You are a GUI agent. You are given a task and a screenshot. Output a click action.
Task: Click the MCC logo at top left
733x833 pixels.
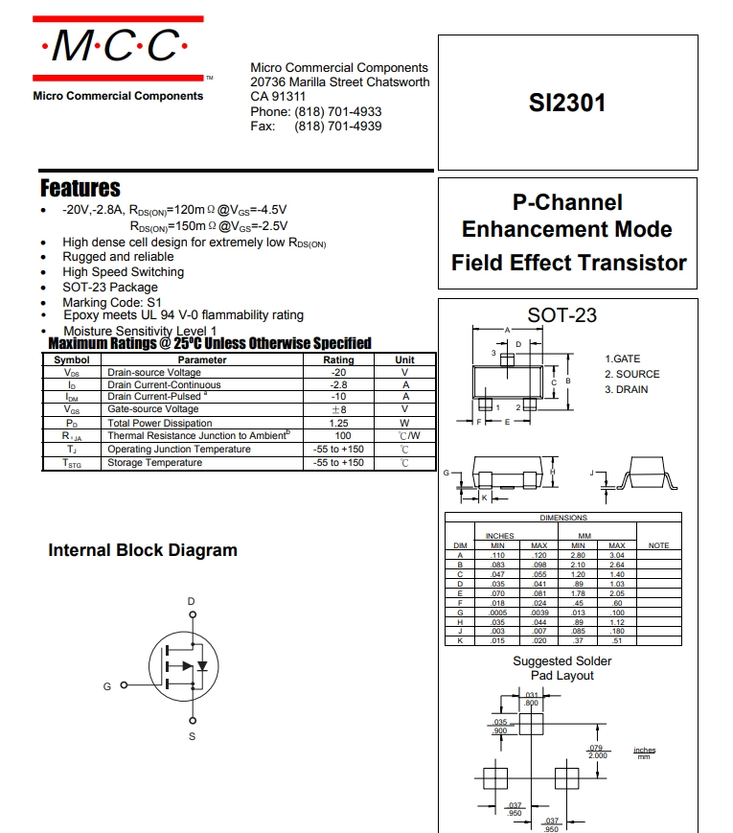coord(118,48)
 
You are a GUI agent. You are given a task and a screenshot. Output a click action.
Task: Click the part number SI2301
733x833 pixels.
coord(566,104)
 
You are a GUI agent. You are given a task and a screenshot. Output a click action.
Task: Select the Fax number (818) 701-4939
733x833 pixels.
coord(338,127)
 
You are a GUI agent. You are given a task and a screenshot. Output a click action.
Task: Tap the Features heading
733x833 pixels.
coord(80,188)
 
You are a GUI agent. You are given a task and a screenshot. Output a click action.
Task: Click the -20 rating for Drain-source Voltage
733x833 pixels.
coord(338,373)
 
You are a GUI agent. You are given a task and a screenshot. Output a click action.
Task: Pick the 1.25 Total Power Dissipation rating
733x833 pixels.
coord(338,423)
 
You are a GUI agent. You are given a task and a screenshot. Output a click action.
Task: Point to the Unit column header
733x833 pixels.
coord(404,359)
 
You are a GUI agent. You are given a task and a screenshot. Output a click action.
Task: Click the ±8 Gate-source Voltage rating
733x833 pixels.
coord(339,409)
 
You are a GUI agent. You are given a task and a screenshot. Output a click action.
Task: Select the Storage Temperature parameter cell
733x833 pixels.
coord(154,463)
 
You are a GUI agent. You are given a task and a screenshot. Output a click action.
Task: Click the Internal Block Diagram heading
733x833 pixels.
coord(143,550)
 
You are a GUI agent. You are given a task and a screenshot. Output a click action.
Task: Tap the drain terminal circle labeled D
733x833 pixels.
coord(193,614)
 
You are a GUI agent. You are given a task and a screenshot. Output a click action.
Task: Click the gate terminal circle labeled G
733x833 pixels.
coord(124,685)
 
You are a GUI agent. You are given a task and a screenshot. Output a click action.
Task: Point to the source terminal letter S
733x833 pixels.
coord(193,736)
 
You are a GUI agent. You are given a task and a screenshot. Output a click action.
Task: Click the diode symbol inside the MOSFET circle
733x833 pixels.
coord(202,665)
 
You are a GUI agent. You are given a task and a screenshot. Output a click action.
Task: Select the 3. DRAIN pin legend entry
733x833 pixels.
coord(627,389)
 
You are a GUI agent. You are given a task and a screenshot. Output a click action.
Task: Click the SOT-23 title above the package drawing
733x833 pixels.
coord(561,315)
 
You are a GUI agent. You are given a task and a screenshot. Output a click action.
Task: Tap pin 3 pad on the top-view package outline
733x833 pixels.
coord(507,360)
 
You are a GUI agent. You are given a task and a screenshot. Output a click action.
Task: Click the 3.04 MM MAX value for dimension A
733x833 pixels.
coord(617,555)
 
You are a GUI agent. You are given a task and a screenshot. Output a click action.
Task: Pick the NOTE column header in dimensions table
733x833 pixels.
coord(658,545)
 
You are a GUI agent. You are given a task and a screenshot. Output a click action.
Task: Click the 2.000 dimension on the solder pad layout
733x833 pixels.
coord(598,755)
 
